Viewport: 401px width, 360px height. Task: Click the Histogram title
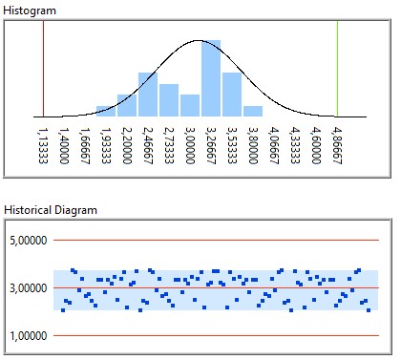tap(31, 9)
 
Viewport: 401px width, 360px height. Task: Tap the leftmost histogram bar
tap(106, 111)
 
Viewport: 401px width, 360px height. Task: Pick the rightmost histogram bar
tap(253, 111)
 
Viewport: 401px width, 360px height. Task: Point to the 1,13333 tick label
tap(44, 142)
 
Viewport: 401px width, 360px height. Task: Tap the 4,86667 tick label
tap(337, 142)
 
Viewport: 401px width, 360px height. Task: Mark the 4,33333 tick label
tap(295, 142)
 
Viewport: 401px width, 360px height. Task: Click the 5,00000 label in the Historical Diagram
tap(31, 240)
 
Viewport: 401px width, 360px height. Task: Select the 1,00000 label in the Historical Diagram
tap(31, 336)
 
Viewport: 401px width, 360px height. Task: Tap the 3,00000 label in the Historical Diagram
tap(31, 287)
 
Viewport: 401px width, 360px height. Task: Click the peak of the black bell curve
tap(198, 41)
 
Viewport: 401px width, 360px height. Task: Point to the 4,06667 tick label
tap(274, 142)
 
